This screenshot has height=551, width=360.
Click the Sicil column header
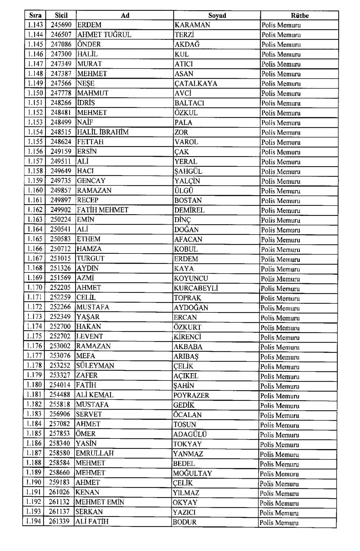point(61,15)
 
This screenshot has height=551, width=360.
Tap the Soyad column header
point(217,16)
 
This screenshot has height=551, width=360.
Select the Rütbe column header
point(300,16)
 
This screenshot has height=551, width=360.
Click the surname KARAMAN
point(192,25)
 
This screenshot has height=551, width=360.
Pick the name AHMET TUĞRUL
point(104,35)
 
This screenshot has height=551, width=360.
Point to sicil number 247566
point(61,83)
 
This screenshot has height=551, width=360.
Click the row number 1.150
point(35,93)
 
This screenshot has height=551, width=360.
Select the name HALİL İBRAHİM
point(103,132)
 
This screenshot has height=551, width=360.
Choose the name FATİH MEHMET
point(102,210)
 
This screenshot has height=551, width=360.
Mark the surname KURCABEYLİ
point(196,288)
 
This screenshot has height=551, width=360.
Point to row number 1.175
point(35,336)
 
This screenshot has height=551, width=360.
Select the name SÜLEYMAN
point(95,366)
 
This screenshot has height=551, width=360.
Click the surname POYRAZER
point(191,395)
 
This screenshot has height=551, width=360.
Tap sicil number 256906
point(60,414)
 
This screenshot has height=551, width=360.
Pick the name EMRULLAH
point(94,453)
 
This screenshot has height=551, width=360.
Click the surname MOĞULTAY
point(192,473)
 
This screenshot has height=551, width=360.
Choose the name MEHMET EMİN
point(100,502)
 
